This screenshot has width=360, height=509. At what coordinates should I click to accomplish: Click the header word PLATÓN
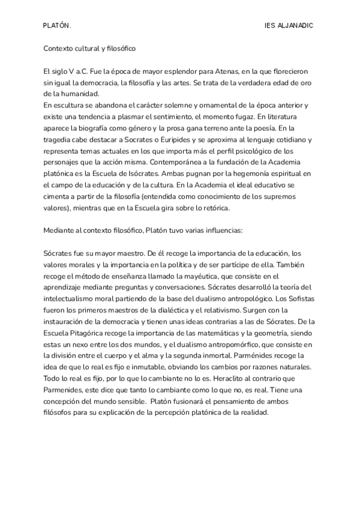point(57,26)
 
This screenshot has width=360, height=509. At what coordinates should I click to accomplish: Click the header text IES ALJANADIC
point(289,26)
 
